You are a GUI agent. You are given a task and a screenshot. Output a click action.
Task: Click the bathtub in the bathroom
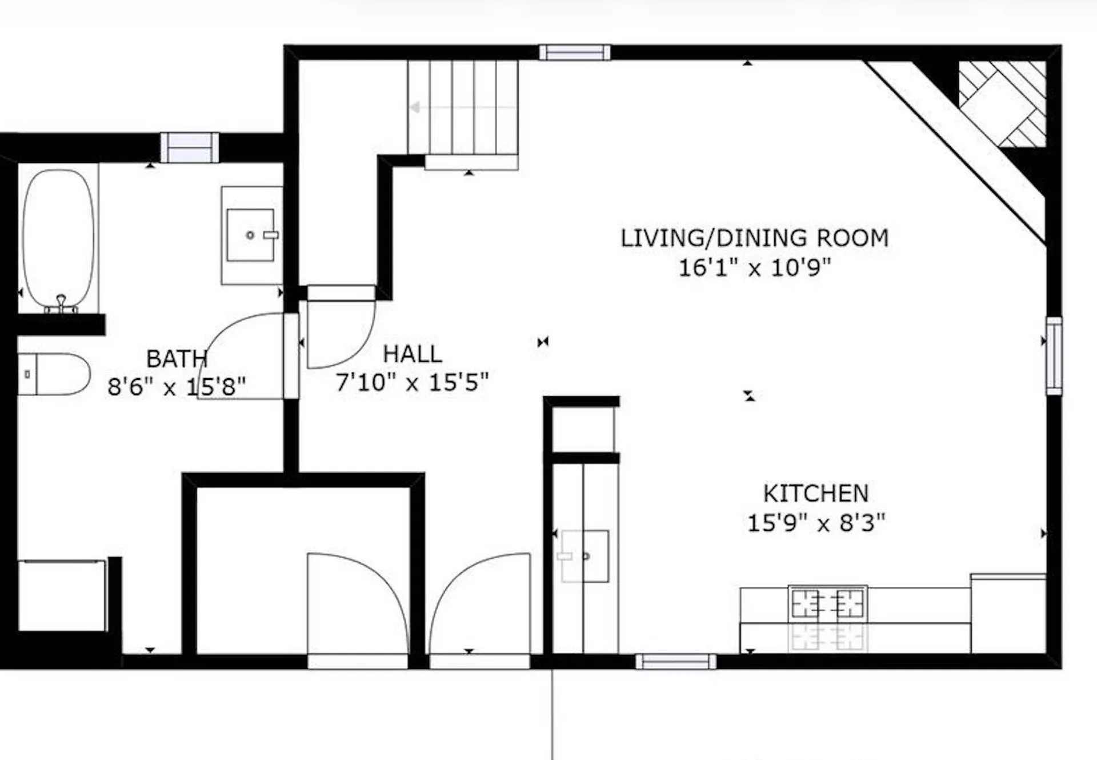pyautogui.click(x=58, y=238)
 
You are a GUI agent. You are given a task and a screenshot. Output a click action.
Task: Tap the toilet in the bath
pyautogui.click(x=54, y=374)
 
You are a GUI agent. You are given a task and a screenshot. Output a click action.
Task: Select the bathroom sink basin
pyautogui.click(x=250, y=235)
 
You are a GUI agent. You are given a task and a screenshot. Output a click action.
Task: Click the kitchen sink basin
pyautogui.click(x=585, y=556)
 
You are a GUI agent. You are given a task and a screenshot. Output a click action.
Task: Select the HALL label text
pyautogui.click(x=412, y=354)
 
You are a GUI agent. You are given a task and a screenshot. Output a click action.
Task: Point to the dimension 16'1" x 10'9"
pyautogui.click(x=754, y=267)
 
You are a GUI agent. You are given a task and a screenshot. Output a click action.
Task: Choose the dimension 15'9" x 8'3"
pyautogui.click(x=816, y=523)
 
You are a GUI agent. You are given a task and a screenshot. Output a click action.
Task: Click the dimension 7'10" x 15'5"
pyautogui.click(x=412, y=382)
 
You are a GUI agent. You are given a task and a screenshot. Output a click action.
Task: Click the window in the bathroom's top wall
pyautogui.click(x=189, y=148)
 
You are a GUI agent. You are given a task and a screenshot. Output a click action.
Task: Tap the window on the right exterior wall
pyautogui.click(x=1054, y=355)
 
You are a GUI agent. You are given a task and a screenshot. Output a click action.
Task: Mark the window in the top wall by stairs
pyautogui.click(x=574, y=53)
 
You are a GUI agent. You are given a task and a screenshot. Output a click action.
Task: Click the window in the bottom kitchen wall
pyautogui.click(x=675, y=662)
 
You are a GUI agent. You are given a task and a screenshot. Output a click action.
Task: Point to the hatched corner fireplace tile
pyautogui.click(x=1003, y=103)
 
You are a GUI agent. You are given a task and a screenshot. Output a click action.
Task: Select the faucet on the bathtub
pyautogui.click(x=61, y=303)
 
